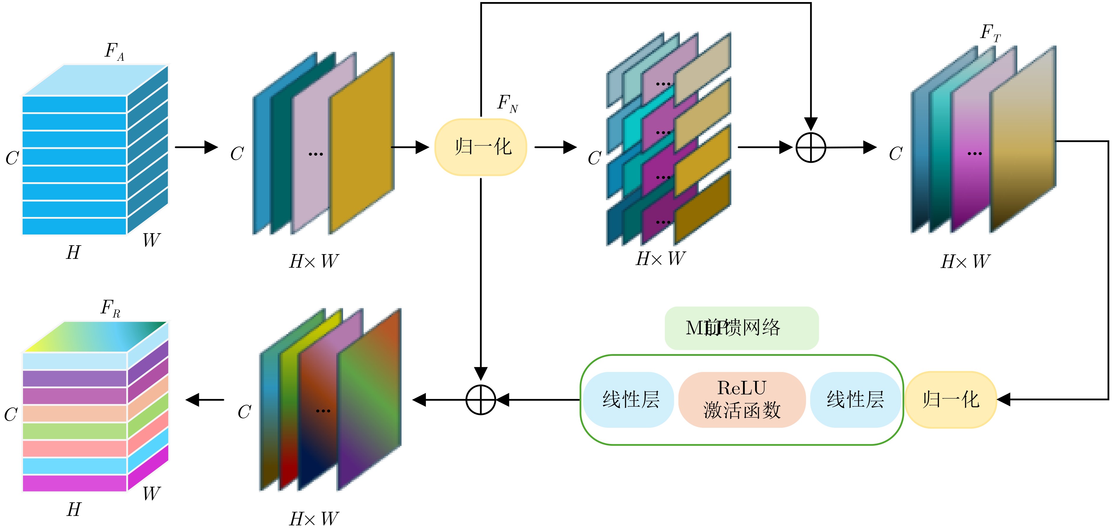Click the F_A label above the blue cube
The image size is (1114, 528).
[114, 52]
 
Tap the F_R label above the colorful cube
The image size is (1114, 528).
[110, 308]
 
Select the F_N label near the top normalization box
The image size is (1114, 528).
[507, 104]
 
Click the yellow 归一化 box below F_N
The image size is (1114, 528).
[480, 147]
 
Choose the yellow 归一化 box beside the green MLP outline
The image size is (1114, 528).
[950, 399]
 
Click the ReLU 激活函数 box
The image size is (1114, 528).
[742, 399]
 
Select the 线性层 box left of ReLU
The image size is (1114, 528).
[630, 399]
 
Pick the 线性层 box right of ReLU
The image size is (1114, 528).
[855, 399]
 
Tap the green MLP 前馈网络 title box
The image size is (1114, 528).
[741, 328]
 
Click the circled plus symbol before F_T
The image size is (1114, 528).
[811, 147]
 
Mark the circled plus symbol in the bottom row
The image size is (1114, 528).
[480, 399]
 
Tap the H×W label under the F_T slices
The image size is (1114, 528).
[965, 261]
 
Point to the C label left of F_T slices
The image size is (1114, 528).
[895, 154]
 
